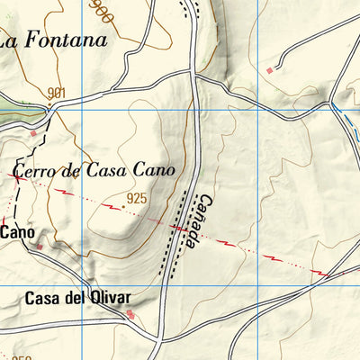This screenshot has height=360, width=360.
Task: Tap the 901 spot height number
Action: click(x=57, y=93)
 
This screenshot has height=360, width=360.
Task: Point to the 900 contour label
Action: click(x=102, y=11)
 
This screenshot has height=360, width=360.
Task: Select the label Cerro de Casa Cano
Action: click(x=92, y=170)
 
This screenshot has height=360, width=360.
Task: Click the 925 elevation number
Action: click(x=137, y=197)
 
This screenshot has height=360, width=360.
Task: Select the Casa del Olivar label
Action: click(x=77, y=298)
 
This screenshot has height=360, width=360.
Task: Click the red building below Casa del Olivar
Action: click(x=130, y=314)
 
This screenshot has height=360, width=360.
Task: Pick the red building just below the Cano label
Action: click(x=40, y=246)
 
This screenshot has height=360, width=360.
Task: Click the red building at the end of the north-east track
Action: click(x=269, y=69)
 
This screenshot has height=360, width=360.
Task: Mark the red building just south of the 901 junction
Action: click(x=34, y=133)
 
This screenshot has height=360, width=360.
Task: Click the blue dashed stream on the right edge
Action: click(x=346, y=121)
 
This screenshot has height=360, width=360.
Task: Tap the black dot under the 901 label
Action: click(x=52, y=105)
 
